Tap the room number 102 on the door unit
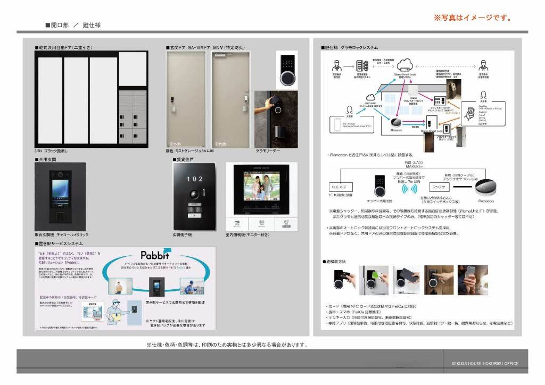click(195, 179)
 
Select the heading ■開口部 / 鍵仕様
click(73, 25)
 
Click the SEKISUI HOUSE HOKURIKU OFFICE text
click(481, 364)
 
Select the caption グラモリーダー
click(268, 151)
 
